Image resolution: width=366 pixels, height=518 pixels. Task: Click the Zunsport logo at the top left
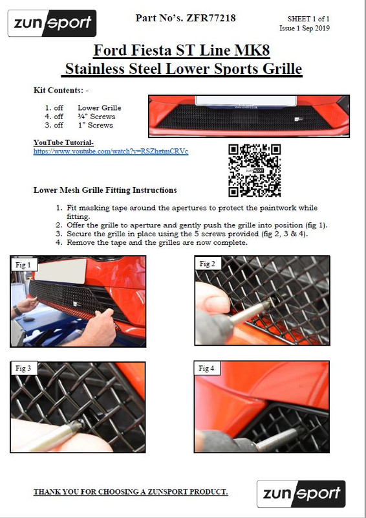pyautogui.click(x=52, y=23)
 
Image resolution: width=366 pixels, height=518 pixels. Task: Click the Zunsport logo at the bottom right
pyautogui.click(x=301, y=493)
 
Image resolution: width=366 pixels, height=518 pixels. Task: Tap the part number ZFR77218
pyautogui.click(x=211, y=18)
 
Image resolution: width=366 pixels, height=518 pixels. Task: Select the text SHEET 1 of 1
pyautogui.click(x=308, y=19)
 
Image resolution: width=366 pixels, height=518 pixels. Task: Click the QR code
pyautogui.click(x=254, y=170)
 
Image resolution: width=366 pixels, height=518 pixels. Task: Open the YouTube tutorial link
pyautogui.click(x=111, y=152)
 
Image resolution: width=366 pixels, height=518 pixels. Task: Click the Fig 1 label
pyautogui.click(x=23, y=265)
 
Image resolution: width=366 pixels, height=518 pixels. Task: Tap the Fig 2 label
pyautogui.click(x=208, y=264)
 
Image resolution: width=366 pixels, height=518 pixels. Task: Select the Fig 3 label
pyautogui.click(x=23, y=368)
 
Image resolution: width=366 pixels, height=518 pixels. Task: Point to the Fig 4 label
pyautogui.click(x=206, y=368)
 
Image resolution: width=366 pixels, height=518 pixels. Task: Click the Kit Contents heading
pyautogui.click(x=61, y=90)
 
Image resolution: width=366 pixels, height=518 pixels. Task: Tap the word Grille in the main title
pyautogui.click(x=282, y=69)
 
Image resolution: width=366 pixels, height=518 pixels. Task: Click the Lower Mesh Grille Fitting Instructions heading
pyautogui.click(x=105, y=190)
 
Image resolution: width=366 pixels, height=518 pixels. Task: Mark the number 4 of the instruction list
pyautogui.click(x=59, y=242)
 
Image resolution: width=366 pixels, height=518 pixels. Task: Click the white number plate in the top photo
pyautogui.click(x=246, y=100)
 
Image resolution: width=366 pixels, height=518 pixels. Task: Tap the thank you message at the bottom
pyautogui.click(x=131, y=492)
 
